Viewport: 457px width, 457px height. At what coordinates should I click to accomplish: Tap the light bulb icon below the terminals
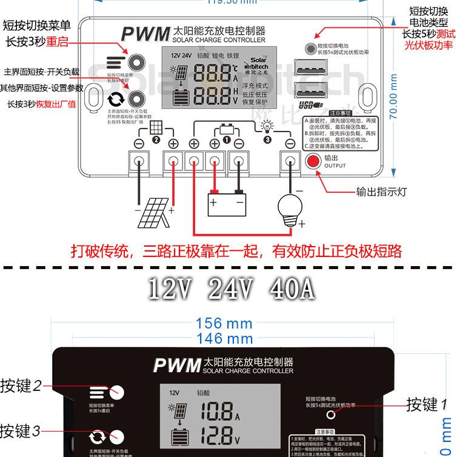point(290,207)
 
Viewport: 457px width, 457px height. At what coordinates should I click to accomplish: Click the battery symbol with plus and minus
point(227,204)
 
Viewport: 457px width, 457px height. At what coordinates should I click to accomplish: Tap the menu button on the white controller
point(135,61)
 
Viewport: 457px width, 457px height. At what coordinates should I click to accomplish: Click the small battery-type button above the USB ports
point(310,48)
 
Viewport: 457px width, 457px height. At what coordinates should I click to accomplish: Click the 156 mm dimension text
point(224,324)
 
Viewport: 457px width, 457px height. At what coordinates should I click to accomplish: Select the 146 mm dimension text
point(224,339)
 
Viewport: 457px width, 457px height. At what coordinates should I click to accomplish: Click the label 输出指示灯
point(382,192)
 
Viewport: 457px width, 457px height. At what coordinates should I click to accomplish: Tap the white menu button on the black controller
point(116,392)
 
